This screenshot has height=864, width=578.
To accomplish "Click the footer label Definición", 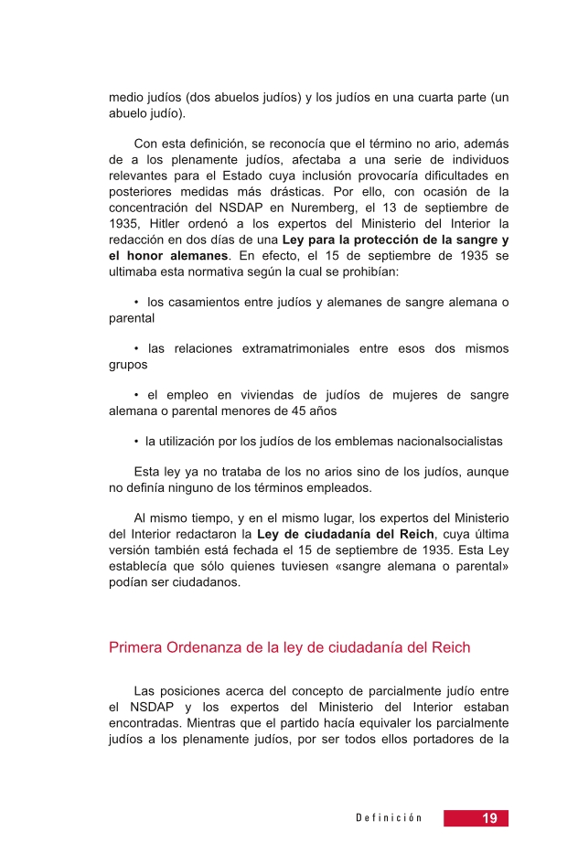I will (389, 818).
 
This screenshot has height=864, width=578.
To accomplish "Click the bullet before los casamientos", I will (135, 303).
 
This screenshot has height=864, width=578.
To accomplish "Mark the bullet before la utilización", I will (135, 441).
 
